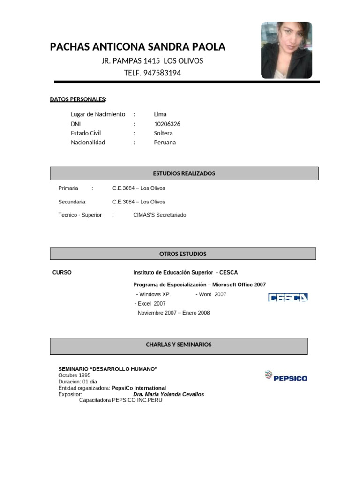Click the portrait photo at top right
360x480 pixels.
286,50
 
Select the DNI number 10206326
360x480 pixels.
167,124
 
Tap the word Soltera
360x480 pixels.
163,133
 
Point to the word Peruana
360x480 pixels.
165,142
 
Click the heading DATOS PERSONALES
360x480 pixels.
78,99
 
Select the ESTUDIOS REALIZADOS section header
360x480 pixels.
184,173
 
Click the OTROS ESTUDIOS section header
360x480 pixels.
183,254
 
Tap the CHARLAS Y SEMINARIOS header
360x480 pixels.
179,345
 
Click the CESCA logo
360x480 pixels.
288,297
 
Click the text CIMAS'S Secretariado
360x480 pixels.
159,215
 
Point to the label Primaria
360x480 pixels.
68,188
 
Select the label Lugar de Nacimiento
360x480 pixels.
98,114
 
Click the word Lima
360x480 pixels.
160,114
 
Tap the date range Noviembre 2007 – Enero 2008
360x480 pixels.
173,313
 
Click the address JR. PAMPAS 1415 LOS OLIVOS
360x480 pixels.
152,61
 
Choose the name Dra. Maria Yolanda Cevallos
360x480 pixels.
168,394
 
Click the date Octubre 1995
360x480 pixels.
75,375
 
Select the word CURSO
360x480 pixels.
62,272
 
